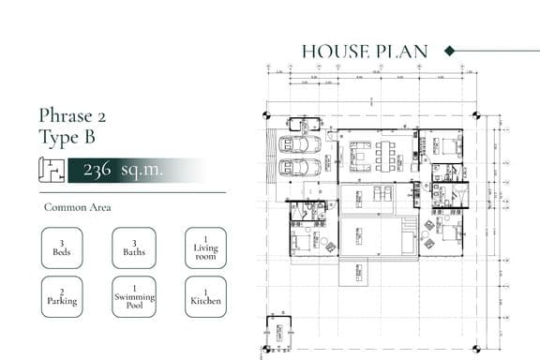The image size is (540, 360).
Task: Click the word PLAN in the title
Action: click(404, 52)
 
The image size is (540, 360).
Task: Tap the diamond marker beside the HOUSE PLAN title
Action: click(449, 52)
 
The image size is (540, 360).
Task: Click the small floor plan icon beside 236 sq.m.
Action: click(51, 170)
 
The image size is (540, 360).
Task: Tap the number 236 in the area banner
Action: click(97, 171)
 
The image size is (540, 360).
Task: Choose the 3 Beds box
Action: click(62, 248)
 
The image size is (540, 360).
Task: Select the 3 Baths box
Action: click(134, 248)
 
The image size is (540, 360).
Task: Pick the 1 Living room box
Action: click(205, 248)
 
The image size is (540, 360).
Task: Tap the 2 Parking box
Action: click(62, 296)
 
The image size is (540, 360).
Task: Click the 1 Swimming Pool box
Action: click(134, 296)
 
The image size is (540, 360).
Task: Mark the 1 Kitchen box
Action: click(205, 296)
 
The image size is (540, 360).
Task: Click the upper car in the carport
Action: click(300, 144)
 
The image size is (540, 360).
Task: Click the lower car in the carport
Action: click(300, 167)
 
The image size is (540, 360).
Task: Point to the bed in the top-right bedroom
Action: click(449, 147)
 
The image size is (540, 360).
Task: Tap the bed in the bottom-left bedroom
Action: click(303, 243)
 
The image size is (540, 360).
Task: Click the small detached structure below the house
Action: click(279, 333)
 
